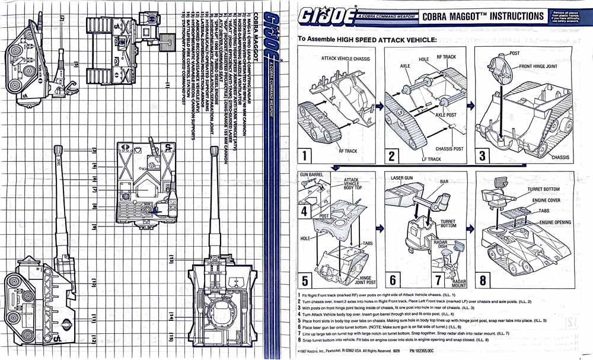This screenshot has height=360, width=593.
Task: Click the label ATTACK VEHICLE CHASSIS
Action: tap(345, 59)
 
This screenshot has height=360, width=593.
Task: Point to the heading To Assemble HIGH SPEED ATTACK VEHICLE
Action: tap(367, 39)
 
